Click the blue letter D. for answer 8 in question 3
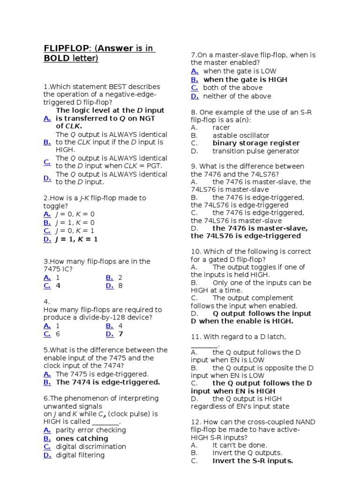(x=110, y=285)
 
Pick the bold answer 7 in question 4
(x=120, y=334)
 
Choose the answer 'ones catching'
(x=82, y=438)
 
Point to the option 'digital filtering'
(x=80, y=455)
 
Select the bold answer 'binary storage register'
(x=256, y=143)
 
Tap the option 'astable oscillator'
(x=241, y=135)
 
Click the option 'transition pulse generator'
(x=255, y=151)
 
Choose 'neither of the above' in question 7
(x=237, y=96)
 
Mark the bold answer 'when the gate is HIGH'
(x=245, y=80)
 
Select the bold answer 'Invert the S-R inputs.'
(x=253, y=461)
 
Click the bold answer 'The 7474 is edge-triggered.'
(x=108, y=382)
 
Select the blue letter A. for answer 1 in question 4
(x=47, y=325)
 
